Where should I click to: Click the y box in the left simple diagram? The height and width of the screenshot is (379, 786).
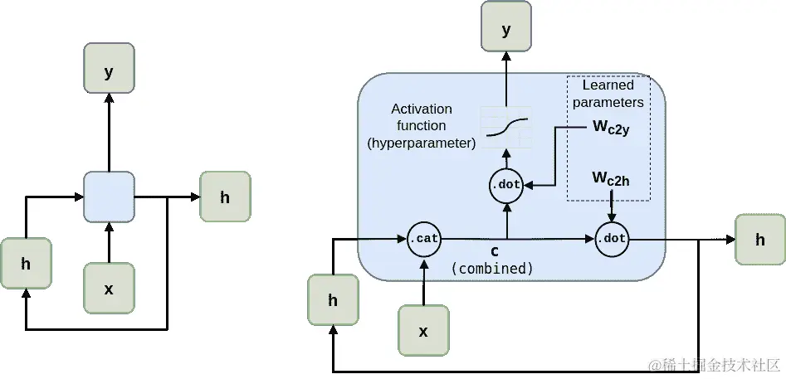pos(108,71)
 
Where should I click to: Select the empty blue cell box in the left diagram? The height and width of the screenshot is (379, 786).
pos(109,197)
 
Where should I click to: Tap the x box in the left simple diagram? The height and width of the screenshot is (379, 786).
pos(108,289)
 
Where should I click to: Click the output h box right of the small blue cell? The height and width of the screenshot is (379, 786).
pos(225,197)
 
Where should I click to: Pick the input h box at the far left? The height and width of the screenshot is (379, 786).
pos(26,264)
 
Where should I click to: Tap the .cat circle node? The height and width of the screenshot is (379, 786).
pos(424,240)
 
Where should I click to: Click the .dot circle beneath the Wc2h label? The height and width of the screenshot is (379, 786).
pos(613,240)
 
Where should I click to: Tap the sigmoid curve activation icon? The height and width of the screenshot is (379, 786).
pos(506,127)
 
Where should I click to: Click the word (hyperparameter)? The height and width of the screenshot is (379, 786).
pos(422,143)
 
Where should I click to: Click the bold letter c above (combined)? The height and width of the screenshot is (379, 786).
pos(494,251)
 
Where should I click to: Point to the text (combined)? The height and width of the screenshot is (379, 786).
pos(492,269)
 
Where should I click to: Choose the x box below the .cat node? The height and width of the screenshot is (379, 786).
pos(423,331)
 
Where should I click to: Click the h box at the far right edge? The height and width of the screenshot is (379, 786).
pos(759,240)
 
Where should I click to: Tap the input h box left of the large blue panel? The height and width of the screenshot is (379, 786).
pos(333,300)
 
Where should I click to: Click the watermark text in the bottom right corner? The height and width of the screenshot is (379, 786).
pos(715,365)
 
